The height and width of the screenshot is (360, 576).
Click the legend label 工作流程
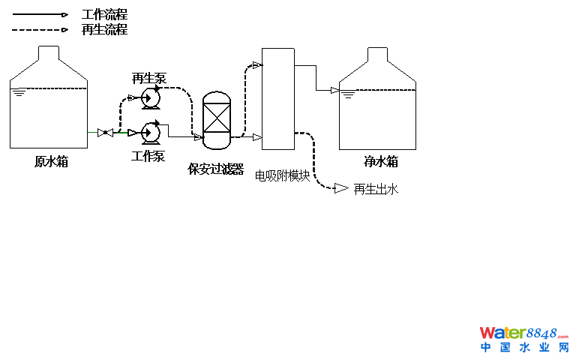(104, 15)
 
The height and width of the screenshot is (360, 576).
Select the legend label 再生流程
(104, 30)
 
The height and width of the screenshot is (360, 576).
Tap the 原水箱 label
(51, 161)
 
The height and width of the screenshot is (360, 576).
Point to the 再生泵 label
(149, 79)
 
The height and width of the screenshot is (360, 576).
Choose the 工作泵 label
(148, 156)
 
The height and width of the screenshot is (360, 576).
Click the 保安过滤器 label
(216, 169)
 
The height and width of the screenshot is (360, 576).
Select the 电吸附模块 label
(283, 175)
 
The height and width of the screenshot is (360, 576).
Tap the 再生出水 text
(376, 189)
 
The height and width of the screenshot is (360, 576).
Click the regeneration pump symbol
(151, 97)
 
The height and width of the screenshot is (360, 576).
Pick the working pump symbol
(151, 133)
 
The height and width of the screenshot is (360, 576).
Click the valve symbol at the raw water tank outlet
(106, 133)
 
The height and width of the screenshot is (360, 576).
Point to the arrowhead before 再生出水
(341, 187)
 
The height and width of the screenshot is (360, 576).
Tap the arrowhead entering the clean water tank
(334, 91)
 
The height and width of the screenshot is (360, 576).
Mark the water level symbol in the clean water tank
(348, 94)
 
